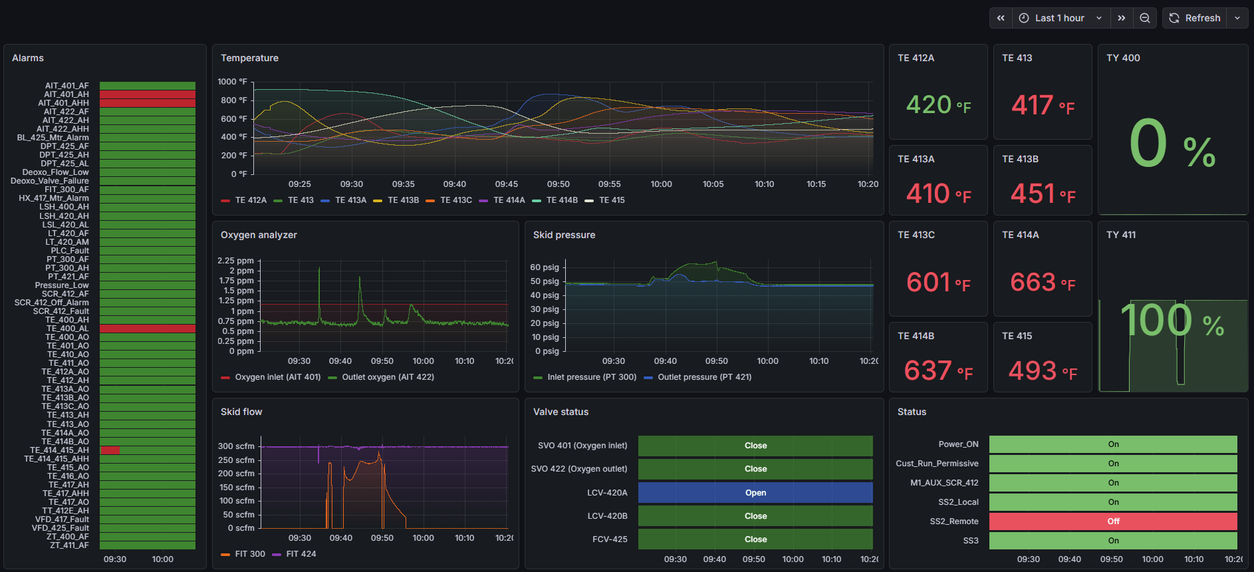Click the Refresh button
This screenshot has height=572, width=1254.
click(1195, 18)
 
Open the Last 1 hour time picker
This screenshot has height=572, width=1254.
click(1060, 18)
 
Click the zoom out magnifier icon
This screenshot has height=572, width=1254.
click(1145, 18)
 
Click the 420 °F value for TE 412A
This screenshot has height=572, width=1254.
click(938, 105)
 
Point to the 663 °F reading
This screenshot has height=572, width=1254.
click(1043, 283)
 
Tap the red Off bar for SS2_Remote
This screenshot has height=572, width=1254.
click(1113, 521)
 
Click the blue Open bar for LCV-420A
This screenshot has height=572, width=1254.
click(755, 493)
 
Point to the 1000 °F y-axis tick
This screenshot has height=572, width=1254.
click(232, 82)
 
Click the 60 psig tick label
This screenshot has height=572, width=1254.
click(545, 267)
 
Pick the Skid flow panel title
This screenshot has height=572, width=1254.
click(241, 412)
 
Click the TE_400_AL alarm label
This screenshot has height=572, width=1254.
click(67, 329)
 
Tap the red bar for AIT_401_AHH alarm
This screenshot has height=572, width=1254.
click(148, 103)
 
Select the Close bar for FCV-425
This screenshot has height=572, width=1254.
click(755, 539)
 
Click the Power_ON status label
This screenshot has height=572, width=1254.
click(958, 444)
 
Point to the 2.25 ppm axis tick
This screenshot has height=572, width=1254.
click(235, 261)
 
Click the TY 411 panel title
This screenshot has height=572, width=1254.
click(1121, 235)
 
